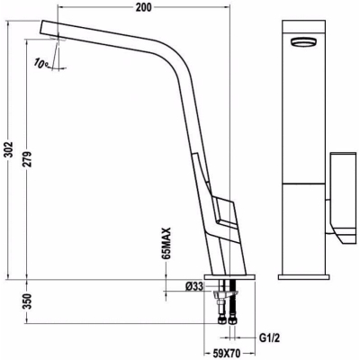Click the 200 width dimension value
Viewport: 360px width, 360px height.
(144, 7)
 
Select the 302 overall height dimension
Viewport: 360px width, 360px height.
(9, 149)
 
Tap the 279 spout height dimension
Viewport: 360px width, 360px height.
(27, 159)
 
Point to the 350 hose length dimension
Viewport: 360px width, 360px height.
(27, 301)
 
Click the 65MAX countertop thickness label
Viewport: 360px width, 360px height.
(166, 243)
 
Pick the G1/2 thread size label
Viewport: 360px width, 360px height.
(269, 338)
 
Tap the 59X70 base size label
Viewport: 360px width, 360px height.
(229, 352)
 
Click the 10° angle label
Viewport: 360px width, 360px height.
(41, 63)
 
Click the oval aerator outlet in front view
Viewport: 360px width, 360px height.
(303, 41)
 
